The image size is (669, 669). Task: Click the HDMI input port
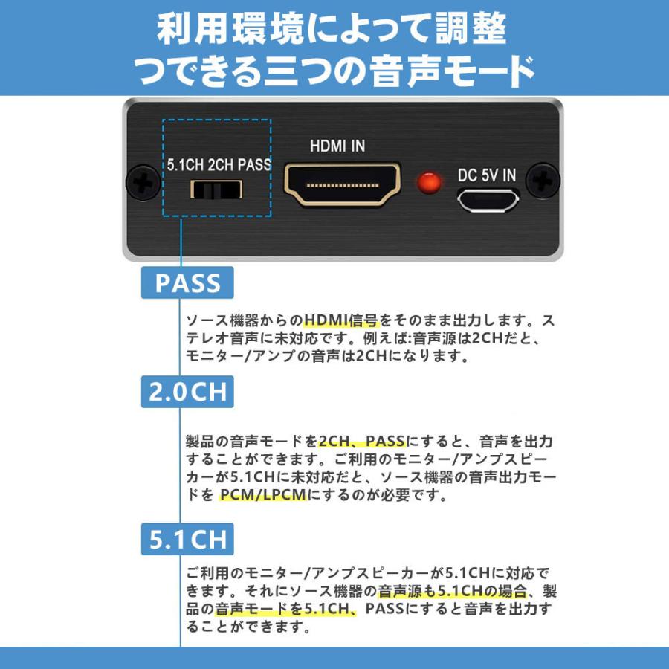(342, 184)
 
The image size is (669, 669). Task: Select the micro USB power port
(487, 199)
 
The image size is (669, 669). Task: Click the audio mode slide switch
(216, 190)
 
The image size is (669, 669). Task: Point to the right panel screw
(543, 181)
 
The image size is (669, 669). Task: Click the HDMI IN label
(337, 146)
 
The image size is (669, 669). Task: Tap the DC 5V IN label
(487, 175)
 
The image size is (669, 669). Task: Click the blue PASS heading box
(187, 283)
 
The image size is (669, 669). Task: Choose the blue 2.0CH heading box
(187, 392)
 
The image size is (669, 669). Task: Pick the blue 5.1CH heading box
(187, 539)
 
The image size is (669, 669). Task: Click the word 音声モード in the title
(460, 72)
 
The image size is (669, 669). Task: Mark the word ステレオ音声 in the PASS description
(221, 339)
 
